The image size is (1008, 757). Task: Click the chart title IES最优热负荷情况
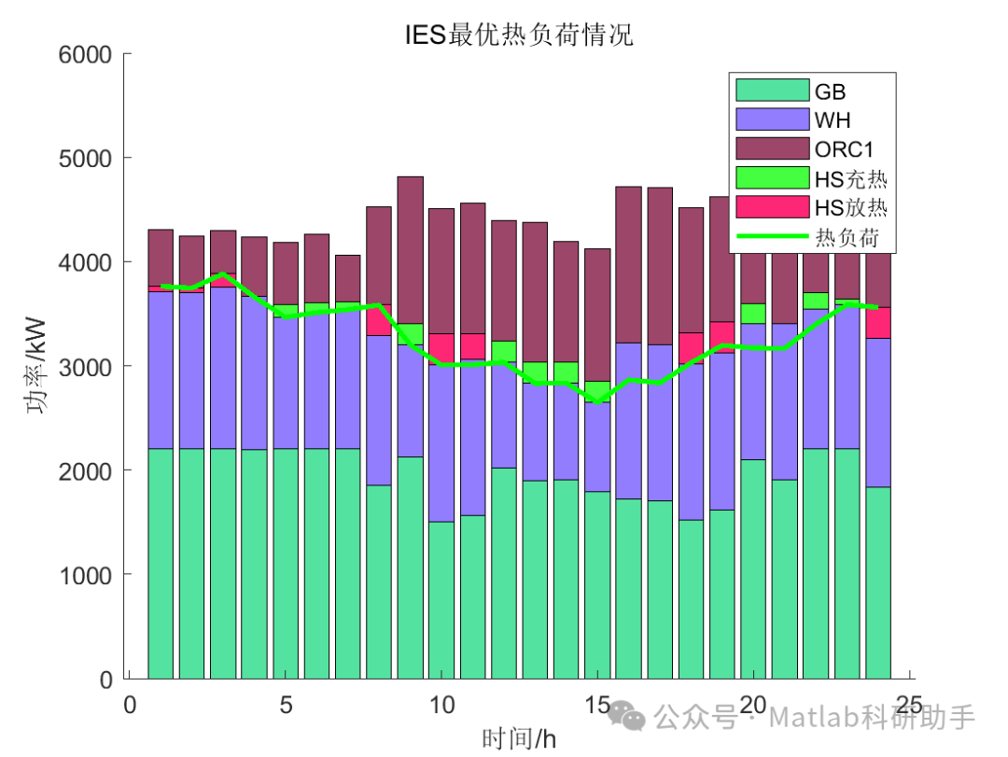[x=519, y=35]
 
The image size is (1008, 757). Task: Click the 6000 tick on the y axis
[x=86, y=55]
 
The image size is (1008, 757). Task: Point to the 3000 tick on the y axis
[x=86, y=367]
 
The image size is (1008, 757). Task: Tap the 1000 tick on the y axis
[x=86, y=575]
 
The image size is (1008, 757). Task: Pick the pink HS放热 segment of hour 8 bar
[x=379, y=320]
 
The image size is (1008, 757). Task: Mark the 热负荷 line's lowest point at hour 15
[x=597, y=401]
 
